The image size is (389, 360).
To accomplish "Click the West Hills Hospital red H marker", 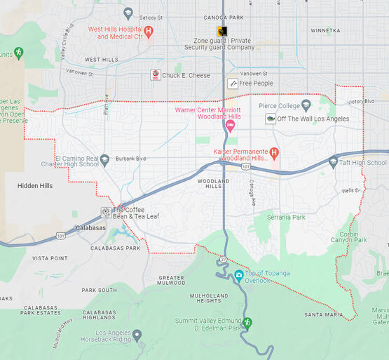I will pyautogui.click(x=149, y=31).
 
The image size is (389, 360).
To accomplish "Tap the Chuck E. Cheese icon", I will pyautogui.click(x=156, y=75).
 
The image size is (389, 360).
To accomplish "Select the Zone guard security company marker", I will pyautogui.click(x=221, y=31).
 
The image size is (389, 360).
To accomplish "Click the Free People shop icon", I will pyautogui.click(x=232, y=84).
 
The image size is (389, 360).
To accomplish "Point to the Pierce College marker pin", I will pyautogui.click(x=306, y=105).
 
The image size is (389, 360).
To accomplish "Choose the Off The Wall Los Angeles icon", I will pyautogui.click(x=270, y=119).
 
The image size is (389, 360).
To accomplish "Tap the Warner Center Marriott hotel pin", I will pyautogui.click(x=230, y=126).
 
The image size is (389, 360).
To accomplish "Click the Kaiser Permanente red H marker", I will pyautogui.click(x=274, y=152).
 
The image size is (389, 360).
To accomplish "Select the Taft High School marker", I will pyautogui.click(x=333, y=162).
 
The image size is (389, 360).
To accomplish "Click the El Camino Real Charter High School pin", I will pyautogui.click(x=104, y=159).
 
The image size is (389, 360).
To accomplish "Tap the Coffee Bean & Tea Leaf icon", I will pyautogui.click(x=106, y=212).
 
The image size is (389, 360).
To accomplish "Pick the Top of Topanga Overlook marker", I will pyautogui.click(x=239, y=274).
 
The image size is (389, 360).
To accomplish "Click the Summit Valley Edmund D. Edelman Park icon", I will pyautogui.click(x=247, y=322).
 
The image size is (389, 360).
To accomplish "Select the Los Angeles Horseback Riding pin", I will pyautogui.click(x=137, y=335).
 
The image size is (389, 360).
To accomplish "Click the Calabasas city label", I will pyautogui.click(x=90, y=227).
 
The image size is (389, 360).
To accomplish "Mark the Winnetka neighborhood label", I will pyautogui.click(x=325, y=31).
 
